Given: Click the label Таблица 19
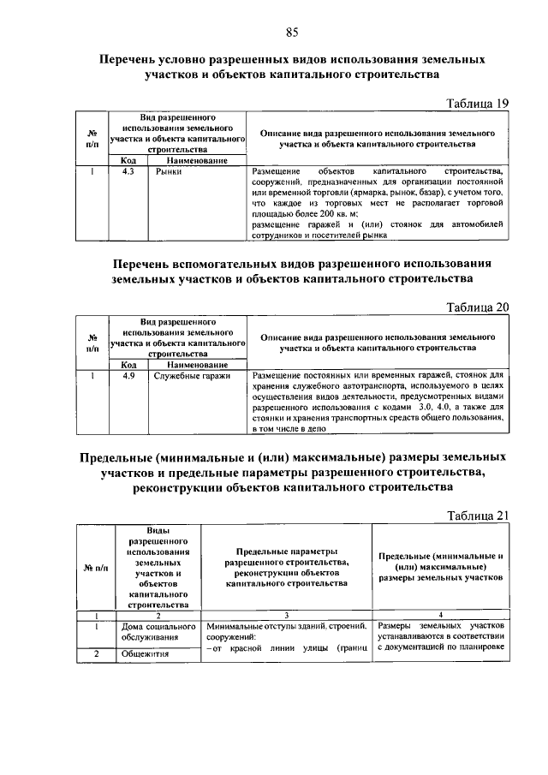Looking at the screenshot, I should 478,104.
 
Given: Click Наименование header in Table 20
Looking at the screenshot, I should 197,365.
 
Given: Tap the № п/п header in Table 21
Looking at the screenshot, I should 95,569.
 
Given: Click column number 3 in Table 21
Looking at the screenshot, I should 286,615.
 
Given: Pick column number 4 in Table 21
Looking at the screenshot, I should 440,615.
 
